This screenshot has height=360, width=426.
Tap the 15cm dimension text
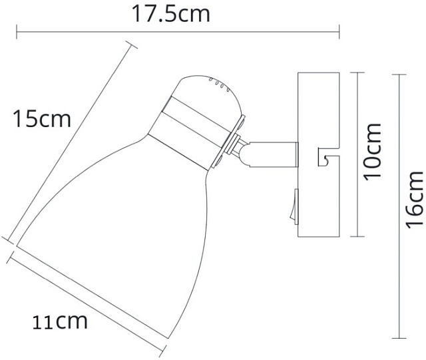pyautogui.click(x=41, y=120)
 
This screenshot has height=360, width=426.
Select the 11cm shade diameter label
pyautogui.click(x=61, y=322)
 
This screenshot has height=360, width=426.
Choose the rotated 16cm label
pyautogui.click(x=414, y=199)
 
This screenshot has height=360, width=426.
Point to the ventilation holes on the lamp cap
pyautogui.click(x=218, y=83)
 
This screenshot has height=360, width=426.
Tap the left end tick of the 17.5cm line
pyautogui.click(x=16, y=29)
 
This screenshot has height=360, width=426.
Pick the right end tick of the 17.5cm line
pyautogui.click(x=339, y=29)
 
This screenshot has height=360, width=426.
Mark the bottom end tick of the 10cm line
pyautogui.click(x=359, y=238)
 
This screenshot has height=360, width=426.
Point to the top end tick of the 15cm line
pyautogui.click(x=130, y=43)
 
